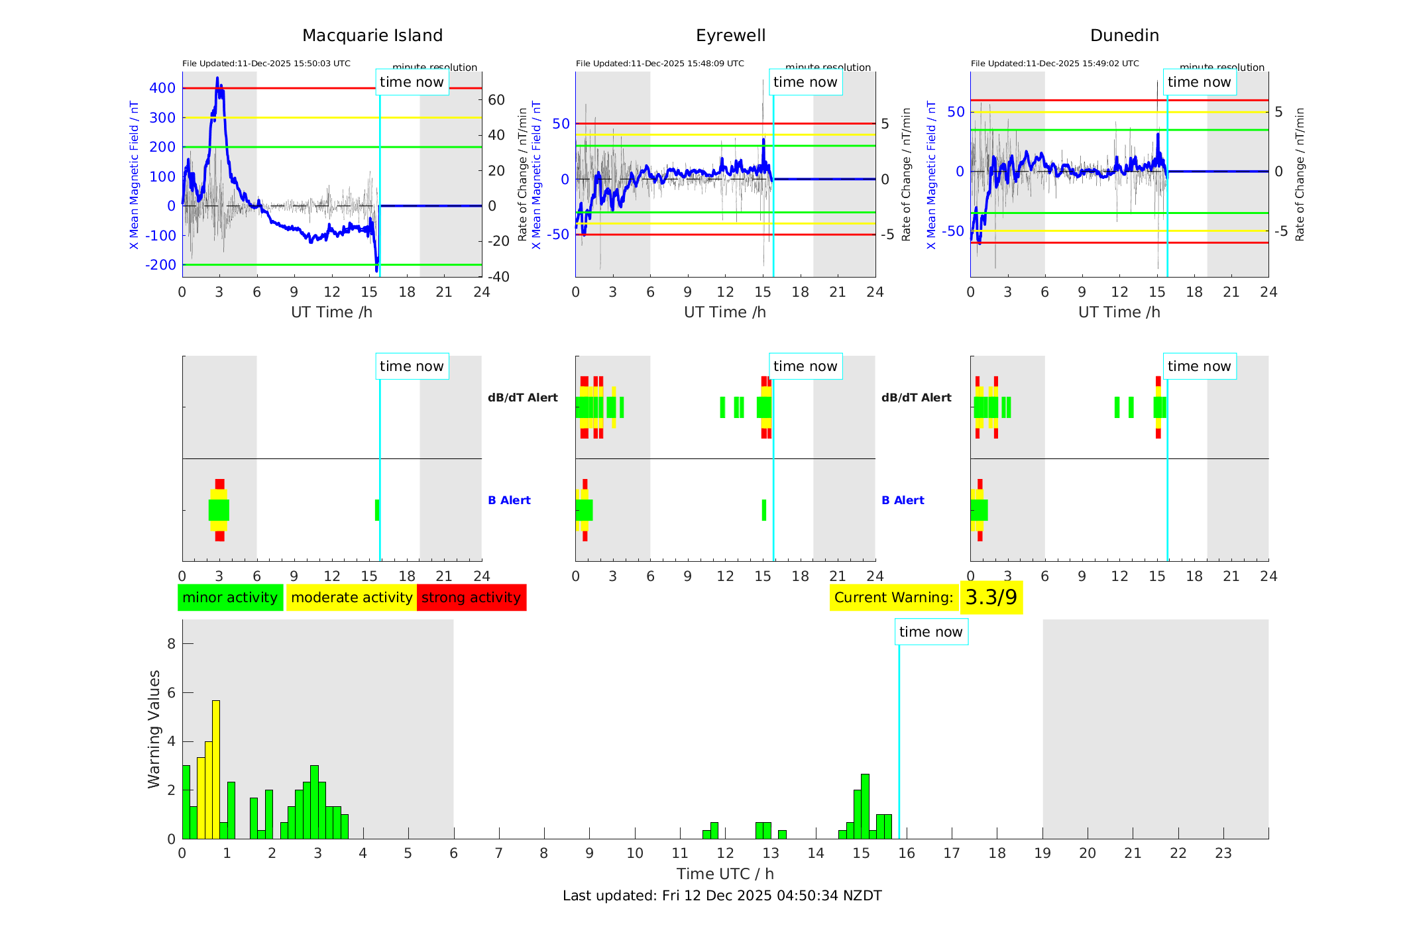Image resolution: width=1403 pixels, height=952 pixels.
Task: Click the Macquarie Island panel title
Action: coord(372,35)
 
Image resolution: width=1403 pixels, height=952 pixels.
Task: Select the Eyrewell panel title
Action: coord(730,35)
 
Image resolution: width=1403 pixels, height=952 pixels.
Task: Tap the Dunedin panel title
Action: coord(1124,35)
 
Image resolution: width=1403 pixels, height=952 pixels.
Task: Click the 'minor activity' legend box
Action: coord(230,598)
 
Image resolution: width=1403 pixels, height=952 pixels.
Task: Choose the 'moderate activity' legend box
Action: coord(351,598)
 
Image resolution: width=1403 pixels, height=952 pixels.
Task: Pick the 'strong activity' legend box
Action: coord(471,598)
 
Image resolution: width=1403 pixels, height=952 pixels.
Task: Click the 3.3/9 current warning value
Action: coord(991,598)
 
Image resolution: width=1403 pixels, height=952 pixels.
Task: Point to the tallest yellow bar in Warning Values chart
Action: coord(216,768)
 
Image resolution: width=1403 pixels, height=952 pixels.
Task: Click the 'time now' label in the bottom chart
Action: coord(930,632)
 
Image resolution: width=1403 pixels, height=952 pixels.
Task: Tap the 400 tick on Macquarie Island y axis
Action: coord(162,88)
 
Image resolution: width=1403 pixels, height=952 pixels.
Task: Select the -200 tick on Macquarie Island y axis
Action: coord(160,265)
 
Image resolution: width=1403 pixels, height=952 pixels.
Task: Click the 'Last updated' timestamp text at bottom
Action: coord(722,896)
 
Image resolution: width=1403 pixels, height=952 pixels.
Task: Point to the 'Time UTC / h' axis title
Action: coord(725,874)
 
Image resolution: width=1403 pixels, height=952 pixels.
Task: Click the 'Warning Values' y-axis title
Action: coord(154,729)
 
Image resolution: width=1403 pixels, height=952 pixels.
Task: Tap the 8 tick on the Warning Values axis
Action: coord(172,644)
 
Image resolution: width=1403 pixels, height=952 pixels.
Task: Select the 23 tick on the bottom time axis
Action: coord(1223,853)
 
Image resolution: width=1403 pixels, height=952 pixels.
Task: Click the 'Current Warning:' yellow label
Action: coord(893,598)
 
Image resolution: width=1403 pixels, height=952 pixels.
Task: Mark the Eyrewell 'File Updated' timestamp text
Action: coord(659,64)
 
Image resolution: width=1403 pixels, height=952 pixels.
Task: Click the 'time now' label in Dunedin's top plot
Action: coord(1199,82)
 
